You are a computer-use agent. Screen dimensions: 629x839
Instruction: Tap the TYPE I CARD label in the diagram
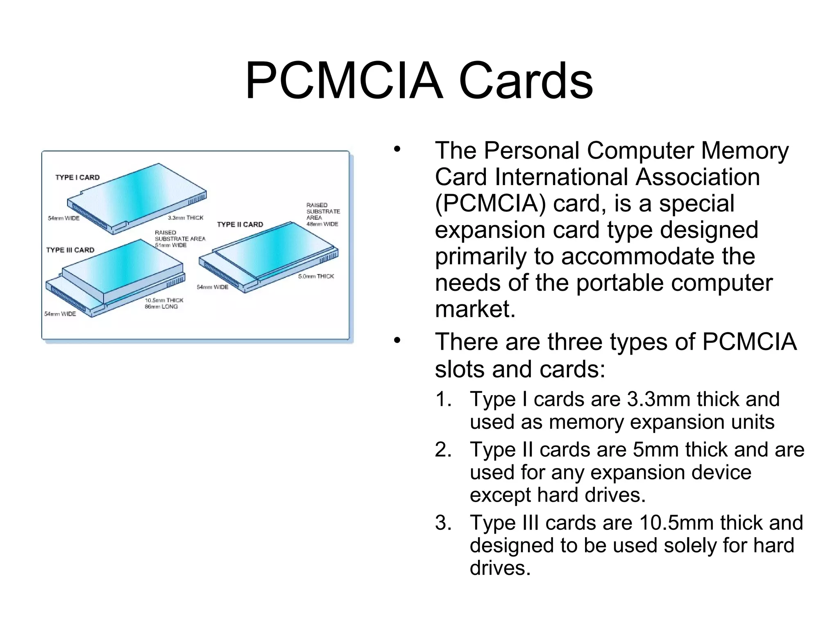tap(77, 177)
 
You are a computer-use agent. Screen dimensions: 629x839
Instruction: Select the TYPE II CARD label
tap(240, 224)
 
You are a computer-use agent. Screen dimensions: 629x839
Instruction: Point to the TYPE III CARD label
tap(70, 250)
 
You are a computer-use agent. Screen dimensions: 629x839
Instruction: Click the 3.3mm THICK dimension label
tap(186, 218)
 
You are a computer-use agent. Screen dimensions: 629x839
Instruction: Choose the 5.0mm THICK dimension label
tap(316, 276)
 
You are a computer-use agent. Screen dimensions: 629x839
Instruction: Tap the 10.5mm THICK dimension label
tap(164, 300)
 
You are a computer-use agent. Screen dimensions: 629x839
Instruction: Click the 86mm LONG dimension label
tap(161, 307)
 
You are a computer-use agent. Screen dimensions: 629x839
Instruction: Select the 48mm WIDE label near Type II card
tap(322, 224)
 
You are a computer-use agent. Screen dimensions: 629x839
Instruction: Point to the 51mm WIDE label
tap(170, 245)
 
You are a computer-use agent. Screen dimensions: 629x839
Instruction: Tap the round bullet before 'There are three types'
tap(397, 340)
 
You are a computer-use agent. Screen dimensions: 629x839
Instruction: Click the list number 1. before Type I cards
tap(443, 399)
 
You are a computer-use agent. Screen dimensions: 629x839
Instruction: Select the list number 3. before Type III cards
tap(443, 523)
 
